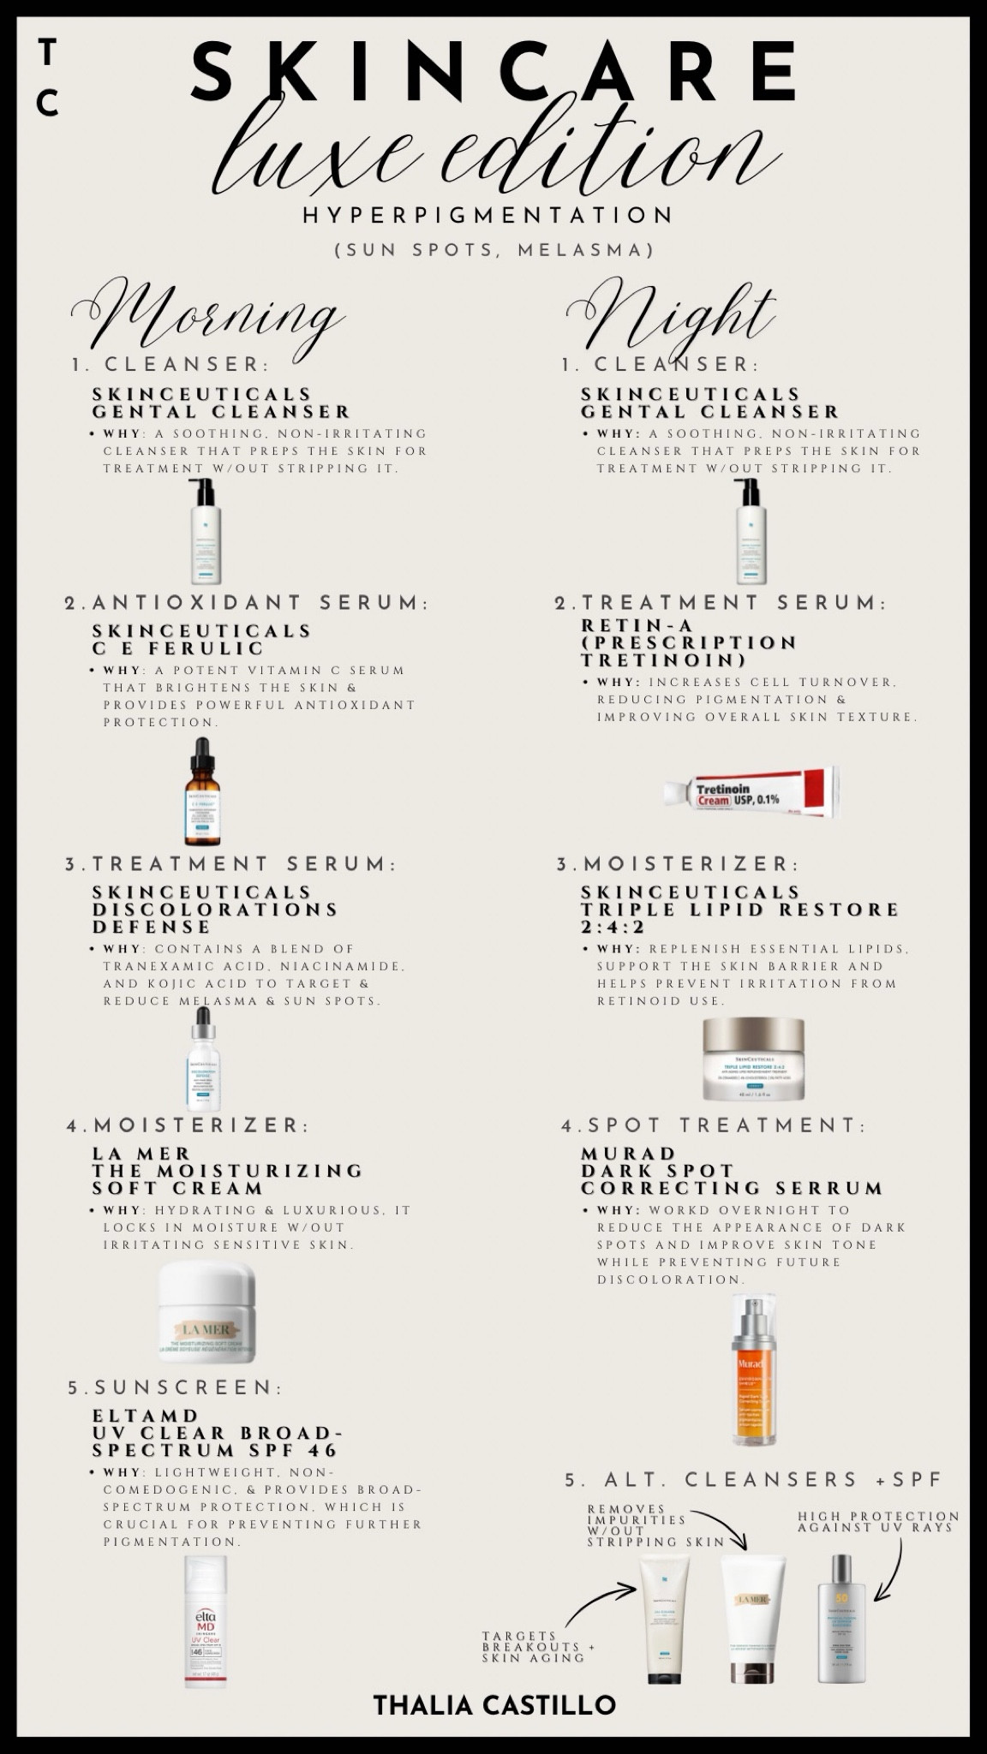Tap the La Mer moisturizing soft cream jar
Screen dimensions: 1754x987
206,1311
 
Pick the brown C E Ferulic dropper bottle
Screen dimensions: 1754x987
201,792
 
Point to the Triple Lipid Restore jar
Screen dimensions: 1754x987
753,1059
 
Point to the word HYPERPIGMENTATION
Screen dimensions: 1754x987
488,215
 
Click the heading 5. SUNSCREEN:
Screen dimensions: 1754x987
176,1387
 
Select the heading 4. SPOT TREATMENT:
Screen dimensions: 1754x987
714,1125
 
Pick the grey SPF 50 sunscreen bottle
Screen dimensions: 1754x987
840,1618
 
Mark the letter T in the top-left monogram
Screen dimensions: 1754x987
48,53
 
